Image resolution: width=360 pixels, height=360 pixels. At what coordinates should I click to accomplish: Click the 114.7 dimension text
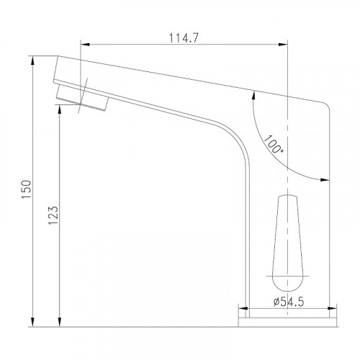pos(184,38)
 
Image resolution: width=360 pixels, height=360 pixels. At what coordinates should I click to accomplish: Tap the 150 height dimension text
pos(27,189)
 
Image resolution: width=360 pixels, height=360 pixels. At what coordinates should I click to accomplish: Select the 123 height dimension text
pos(53,215)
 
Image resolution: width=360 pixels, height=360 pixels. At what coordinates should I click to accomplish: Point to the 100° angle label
pos(274,145)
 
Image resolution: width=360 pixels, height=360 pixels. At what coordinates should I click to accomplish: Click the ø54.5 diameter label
pos(289,302)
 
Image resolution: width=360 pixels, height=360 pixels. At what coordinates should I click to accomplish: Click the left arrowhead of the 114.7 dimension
pos(85,45)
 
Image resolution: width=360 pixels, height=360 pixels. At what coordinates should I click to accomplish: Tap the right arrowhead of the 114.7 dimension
pos(283,45)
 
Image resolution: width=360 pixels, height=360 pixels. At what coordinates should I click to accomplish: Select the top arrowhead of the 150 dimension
pos(33,60)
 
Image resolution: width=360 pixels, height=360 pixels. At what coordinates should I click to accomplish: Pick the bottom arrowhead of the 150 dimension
pos(33,323)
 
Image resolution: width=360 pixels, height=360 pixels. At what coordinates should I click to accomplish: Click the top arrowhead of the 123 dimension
pos(60,109)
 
